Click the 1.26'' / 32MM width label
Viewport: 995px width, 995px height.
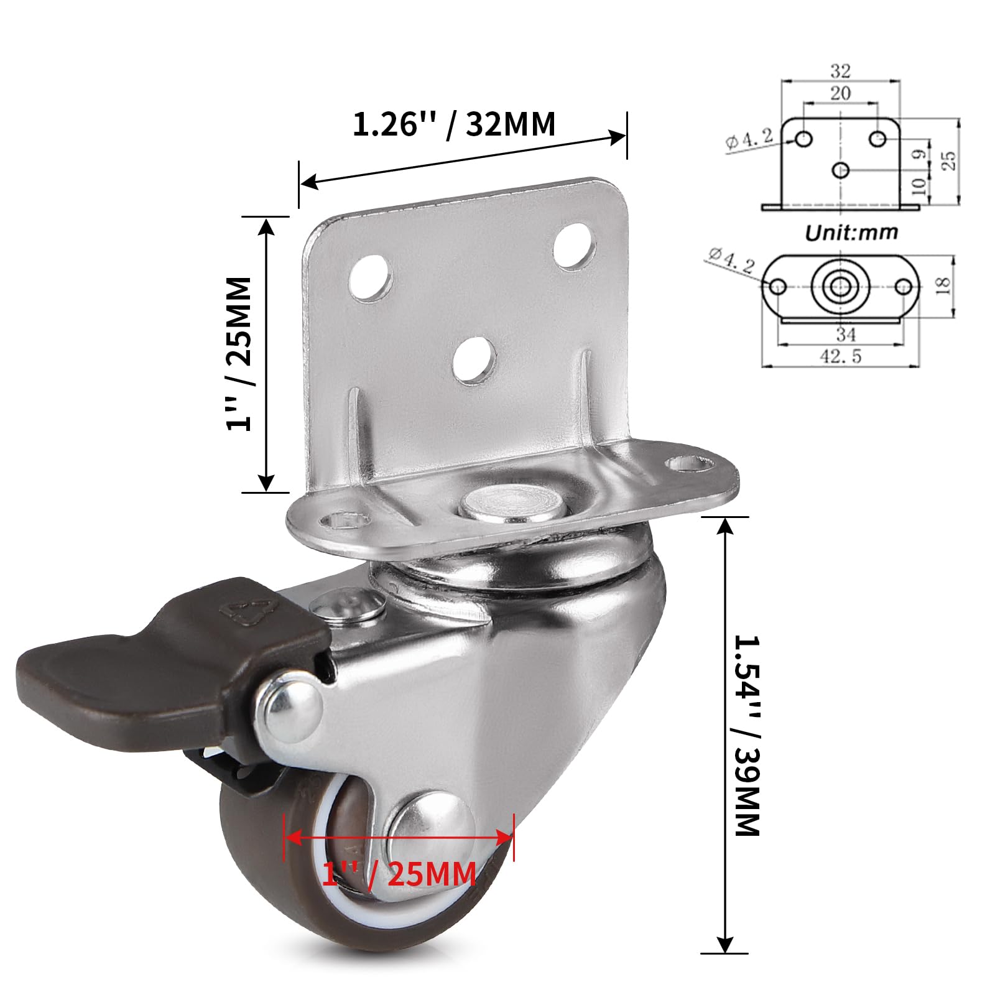pos(453,124)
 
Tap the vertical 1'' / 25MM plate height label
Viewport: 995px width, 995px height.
pos(239,354)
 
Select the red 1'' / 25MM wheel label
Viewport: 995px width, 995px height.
pos(399,873)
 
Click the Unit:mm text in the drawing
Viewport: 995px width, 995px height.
pos(851,233)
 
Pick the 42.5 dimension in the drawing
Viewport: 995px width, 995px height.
pos(841,356)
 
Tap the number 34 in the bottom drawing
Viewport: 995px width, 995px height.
pos(845,335)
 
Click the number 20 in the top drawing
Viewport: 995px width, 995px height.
pos(840,93)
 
